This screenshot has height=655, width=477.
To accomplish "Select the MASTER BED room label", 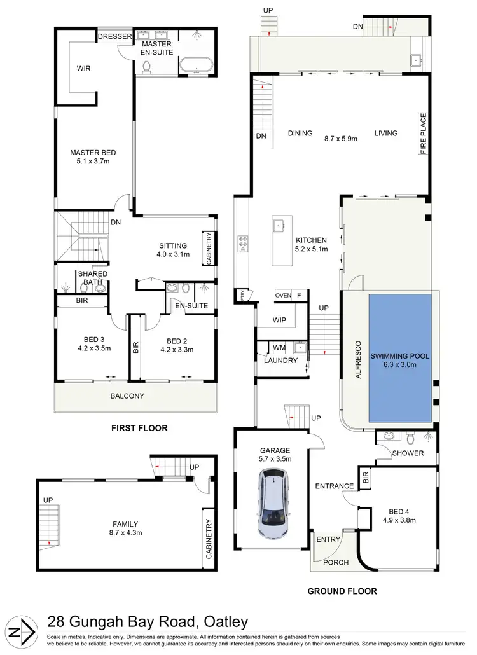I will [x=93, y=153].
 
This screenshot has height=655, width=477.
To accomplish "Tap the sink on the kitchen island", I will [x=279, y=225].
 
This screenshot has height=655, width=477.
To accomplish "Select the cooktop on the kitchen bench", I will [x=243, y=242].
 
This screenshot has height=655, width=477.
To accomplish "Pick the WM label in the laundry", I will [x=279, y=348].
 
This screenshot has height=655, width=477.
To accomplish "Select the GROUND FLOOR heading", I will [x=342, y=591].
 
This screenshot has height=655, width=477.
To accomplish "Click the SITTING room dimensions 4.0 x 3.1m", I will [x=173, y=255].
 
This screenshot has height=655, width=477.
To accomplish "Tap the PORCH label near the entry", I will [x=332, y=562].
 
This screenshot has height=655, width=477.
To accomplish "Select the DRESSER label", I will [x=114, y=38].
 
